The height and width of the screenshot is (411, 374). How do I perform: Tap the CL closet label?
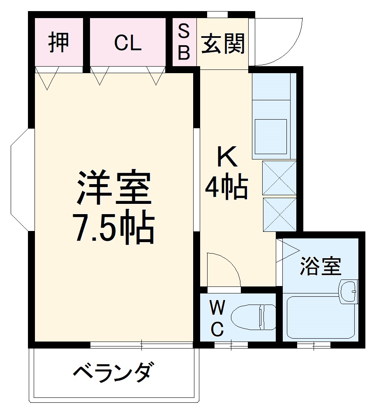pos(128,42)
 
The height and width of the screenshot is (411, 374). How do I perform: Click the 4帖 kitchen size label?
pos(226,187)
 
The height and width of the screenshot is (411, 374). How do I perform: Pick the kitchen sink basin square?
pos(271,136)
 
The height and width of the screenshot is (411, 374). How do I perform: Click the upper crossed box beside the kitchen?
pos(279,178)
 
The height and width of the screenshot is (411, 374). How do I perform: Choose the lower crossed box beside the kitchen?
pos(279,214)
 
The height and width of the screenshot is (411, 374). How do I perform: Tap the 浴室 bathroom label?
pos(320,266)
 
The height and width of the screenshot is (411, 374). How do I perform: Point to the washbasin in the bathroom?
pos(349,291)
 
